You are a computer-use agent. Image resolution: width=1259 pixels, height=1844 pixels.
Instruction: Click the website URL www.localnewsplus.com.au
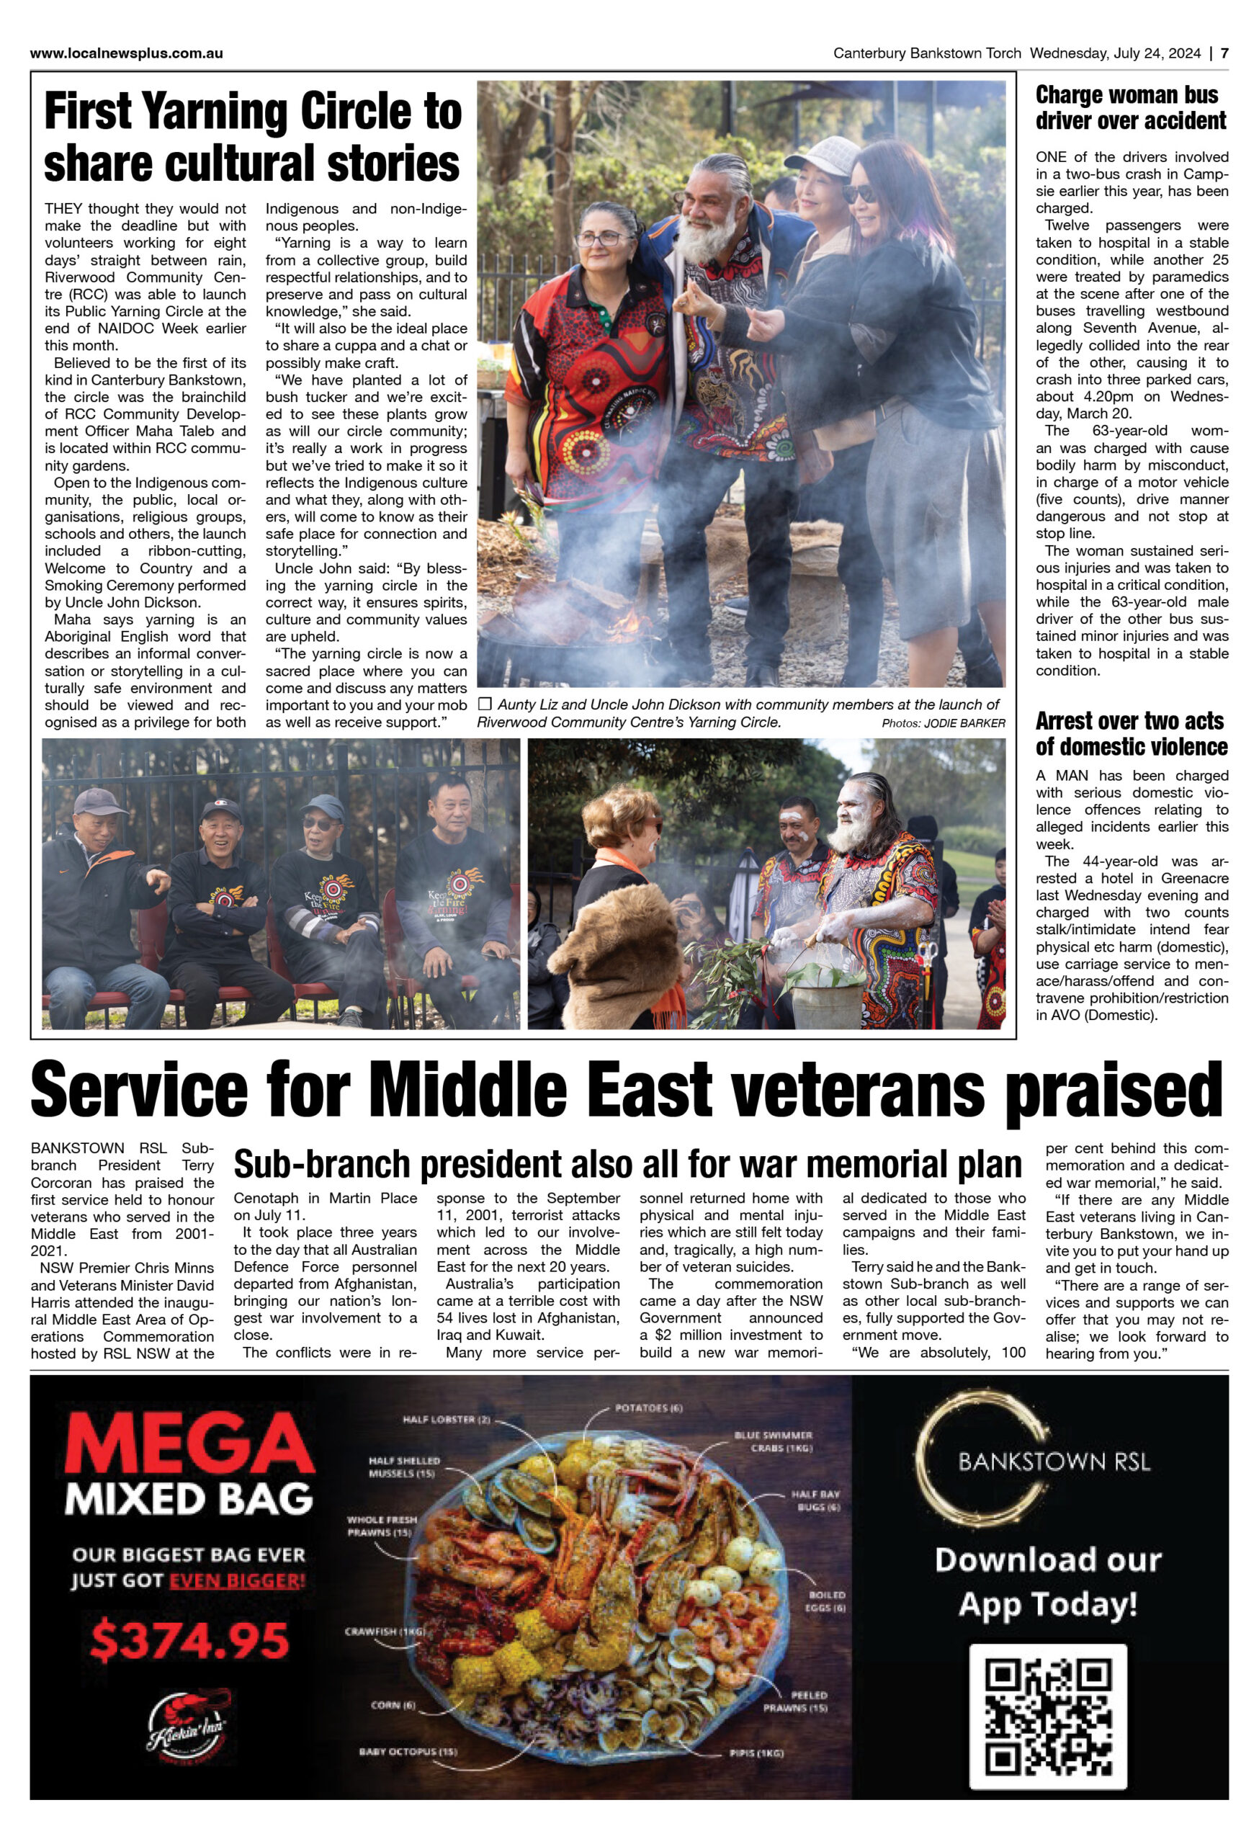click(126, 54)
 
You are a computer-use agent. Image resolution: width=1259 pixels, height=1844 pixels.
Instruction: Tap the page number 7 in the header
click(1224, 54)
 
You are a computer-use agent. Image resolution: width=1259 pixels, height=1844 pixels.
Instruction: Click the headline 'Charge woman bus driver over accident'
click(1131, 108)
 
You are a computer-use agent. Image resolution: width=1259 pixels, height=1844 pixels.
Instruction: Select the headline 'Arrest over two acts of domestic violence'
click(1131, 733)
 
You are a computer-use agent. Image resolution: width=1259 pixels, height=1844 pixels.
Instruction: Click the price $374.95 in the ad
click(189, 1640)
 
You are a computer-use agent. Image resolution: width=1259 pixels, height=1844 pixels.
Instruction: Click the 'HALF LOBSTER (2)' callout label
click(446, 1420)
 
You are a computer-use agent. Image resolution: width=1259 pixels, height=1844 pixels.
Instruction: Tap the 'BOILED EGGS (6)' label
click(827, 1601)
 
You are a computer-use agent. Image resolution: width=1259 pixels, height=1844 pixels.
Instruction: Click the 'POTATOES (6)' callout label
click(648, 1408)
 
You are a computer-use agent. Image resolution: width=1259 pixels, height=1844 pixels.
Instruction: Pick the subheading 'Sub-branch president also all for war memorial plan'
click(627, 1165)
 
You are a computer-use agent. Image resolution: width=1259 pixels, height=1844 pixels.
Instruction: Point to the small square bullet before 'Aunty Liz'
click(485, 704)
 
